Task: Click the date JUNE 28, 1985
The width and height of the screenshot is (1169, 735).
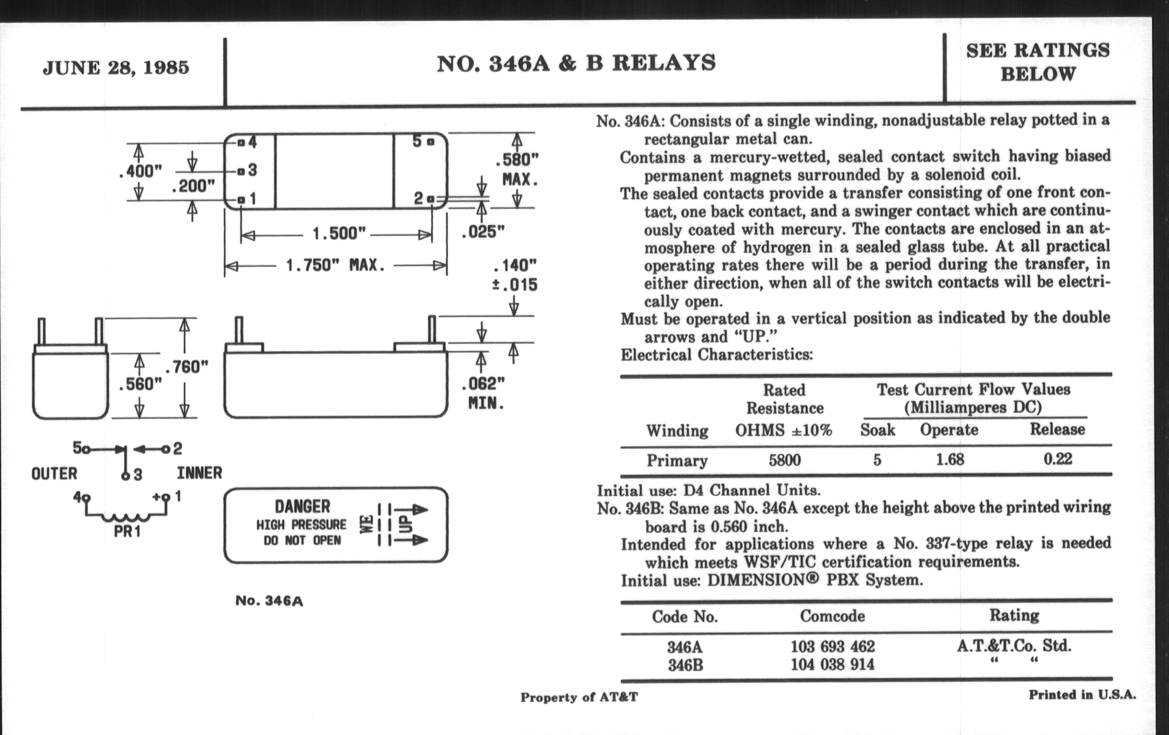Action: [x=115, y=67]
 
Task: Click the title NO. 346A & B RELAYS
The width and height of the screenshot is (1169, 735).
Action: [x=576, y=63]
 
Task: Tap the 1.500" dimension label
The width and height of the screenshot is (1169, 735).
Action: [x=339, y=234]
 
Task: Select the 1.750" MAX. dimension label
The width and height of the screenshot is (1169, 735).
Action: [x=336, y=265]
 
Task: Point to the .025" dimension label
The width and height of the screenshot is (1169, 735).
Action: [x=483, y=232]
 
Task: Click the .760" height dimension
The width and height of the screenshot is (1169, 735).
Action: [x=187, y=367]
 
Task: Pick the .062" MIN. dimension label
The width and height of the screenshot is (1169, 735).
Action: [x=483, y=393]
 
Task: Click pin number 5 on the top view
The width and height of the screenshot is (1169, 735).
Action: [x=417, y=141]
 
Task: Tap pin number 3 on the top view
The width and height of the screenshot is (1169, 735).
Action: [x=252, y=170]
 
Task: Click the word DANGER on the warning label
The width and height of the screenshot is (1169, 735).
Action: [x=302, y=506]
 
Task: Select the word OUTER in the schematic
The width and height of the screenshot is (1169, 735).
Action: [x=54, y=474]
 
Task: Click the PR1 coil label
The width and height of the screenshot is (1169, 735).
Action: [x=127, y=532]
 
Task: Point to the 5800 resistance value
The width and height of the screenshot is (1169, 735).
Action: [x=784, y=460]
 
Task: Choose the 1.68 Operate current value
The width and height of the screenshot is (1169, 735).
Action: [x=949, y=459]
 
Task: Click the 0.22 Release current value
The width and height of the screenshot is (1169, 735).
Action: [x=1057, y=459]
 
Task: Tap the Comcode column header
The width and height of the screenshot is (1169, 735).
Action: [x=832, y=616]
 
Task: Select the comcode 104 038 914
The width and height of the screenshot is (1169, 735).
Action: [x=832, y=664]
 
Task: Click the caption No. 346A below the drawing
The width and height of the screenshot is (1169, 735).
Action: [x=269, y=601]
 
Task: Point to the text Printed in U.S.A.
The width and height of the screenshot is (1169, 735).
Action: [x=1082, y=695]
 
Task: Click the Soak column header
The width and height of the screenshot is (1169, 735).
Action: [x=877, y=430]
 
